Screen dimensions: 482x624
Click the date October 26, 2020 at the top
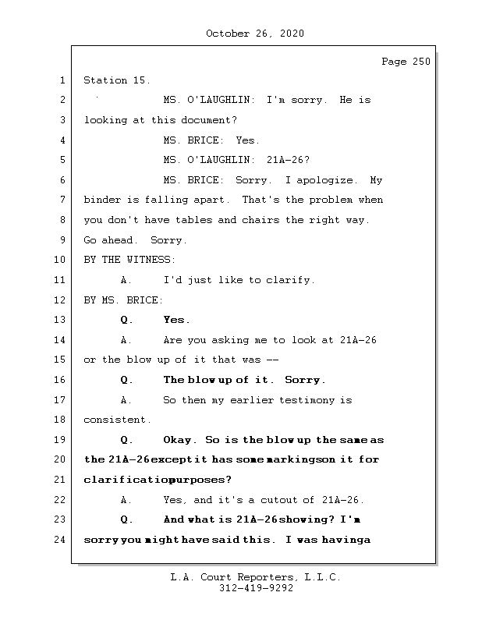click(255, 34)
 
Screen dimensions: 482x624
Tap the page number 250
click(421, 62)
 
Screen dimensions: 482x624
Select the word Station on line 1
click(105, 80)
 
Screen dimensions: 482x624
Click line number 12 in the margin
click(60, 300)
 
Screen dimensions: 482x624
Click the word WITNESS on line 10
click(149, 260)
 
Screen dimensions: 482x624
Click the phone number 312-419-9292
click(256, 588)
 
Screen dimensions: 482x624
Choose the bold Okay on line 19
click(177, 440)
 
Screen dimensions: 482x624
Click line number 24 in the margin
click(60, 540)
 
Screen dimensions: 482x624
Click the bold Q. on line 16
click(126, 380)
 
